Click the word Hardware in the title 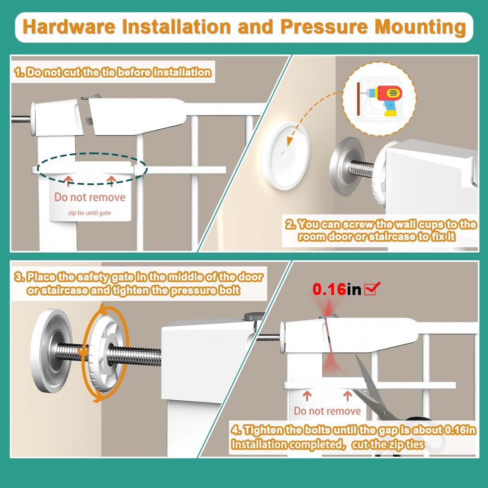point(69,27)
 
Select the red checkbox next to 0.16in point(372,288)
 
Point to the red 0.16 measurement point(329,289)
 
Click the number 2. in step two point(291,224)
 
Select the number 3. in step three point(20,277)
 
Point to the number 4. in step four point(236,430)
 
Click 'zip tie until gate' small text point(89,213)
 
